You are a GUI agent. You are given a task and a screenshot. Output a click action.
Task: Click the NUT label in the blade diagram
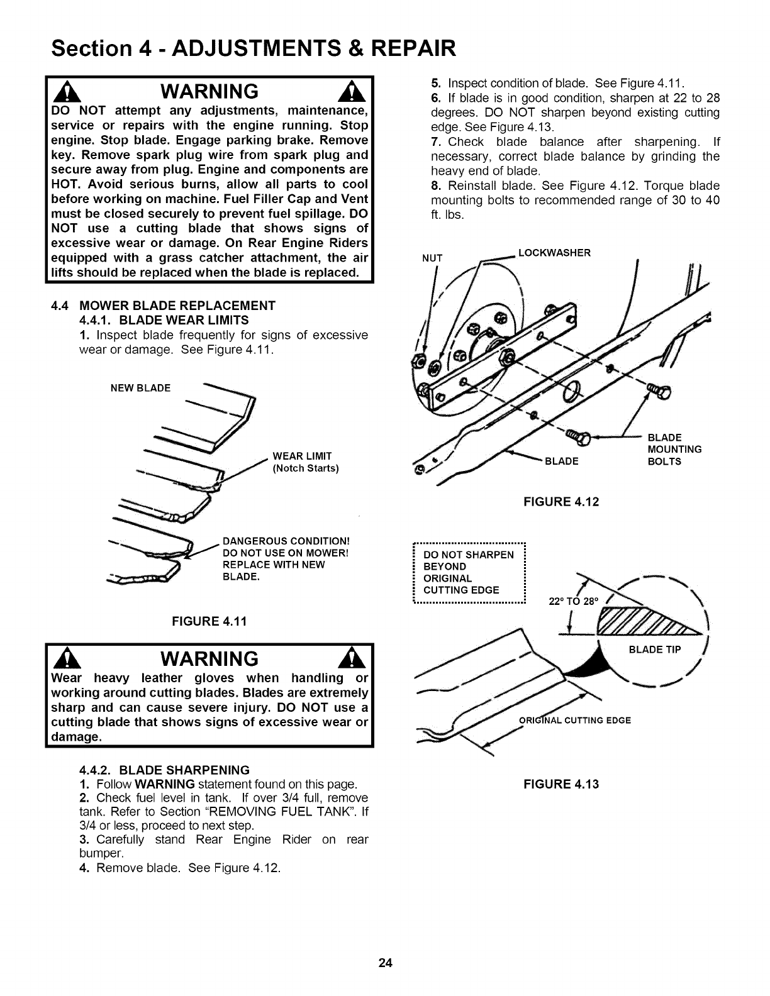(x=432, y=258)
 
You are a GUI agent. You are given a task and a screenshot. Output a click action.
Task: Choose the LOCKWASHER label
(x=554, y=253)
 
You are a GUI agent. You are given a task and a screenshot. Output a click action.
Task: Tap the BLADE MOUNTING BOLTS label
(x=674, y=449)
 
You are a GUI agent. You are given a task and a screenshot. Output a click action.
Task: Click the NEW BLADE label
(x=140, y=388)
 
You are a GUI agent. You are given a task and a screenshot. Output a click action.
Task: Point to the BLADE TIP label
(x=655, y=650)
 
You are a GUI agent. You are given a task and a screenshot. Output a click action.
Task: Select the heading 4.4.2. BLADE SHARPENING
(x=165, y=770)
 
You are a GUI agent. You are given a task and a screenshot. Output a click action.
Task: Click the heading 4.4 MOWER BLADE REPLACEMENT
(x=164, y=306)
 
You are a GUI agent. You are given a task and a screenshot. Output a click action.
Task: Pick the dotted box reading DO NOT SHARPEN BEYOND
(x=469, y=572)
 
